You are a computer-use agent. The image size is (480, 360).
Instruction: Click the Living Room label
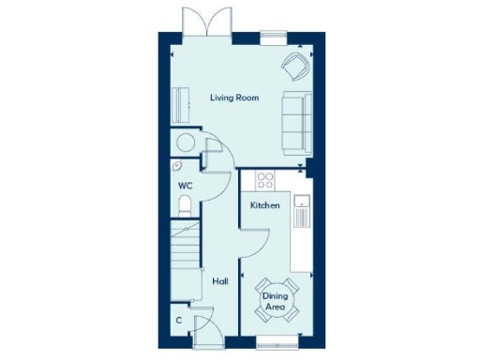pyautogui.click(x=234, y=97)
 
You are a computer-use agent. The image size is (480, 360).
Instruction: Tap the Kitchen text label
pyautogui.click(x=264, y=204)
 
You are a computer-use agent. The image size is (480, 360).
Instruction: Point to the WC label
pyautogui.click(x=186, y=186)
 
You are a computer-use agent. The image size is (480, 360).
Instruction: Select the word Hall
pyautogui.click(x=219, y=280)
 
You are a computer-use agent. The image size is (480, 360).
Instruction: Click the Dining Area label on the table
pyautogui.click(x=274, y=301)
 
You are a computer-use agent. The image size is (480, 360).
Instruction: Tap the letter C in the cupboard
pyautogui.click(x=178, y=321)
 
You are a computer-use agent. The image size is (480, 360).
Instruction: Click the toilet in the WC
pyautogui.click(x=185, y=205)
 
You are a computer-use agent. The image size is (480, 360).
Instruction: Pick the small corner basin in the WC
pyautogui.click(x=177, y=166)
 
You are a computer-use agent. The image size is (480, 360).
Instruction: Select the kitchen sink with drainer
pyautogui.click(x=301, y=211)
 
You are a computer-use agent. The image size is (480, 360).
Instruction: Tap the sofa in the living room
pyautogui.click(x=296, y=122)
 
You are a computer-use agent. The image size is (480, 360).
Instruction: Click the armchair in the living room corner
pyautogui.click(x=295, y=66)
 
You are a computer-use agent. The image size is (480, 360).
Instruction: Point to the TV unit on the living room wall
pyautogui.click(x=179, y=104)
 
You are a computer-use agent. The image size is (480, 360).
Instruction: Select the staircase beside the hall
pyautogui.click(x=186, y=247)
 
